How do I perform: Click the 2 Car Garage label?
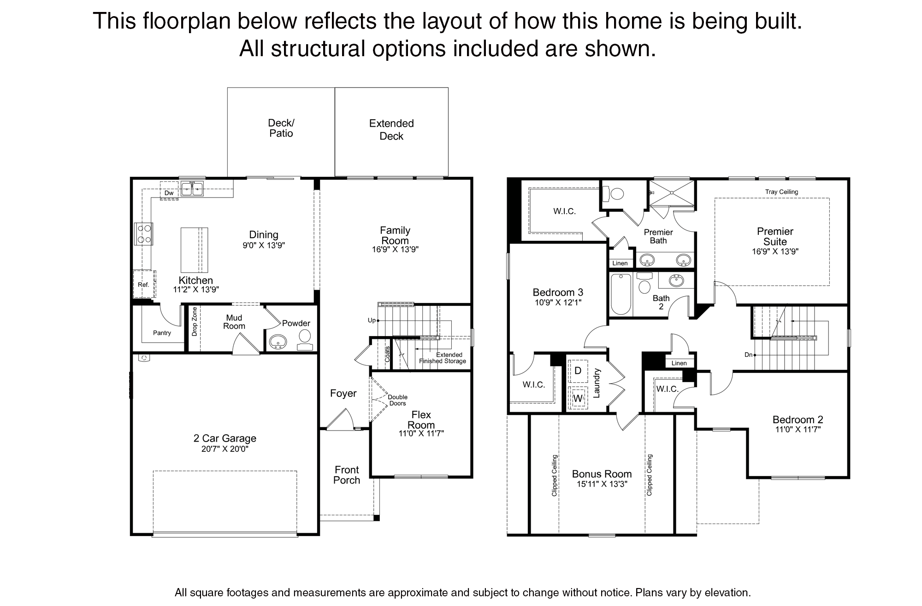pos(225,438)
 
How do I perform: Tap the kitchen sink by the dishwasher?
pos(192,189)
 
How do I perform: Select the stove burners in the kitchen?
pos(143,233)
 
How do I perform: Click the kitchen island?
pos(194,250)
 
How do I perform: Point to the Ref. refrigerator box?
pos(144,284)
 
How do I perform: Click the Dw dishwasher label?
pos(169,193)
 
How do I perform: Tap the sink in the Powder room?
pos(278,342)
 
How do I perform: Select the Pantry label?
pos(162,333)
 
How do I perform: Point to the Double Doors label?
pos(397,400)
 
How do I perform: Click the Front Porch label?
pos(347,475)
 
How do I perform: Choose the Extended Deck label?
pos(391,129)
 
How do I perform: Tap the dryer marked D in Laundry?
pos(578,371)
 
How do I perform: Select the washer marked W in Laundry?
pos(578,398)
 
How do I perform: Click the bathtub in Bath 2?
pos(621,294)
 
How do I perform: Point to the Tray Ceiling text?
pos(781,192)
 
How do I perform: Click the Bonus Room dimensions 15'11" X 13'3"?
pos(602,484)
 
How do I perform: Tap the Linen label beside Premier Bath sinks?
pos(620,263)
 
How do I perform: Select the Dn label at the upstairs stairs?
pos(748,355)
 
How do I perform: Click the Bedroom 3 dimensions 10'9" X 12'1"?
pos(558,303)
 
